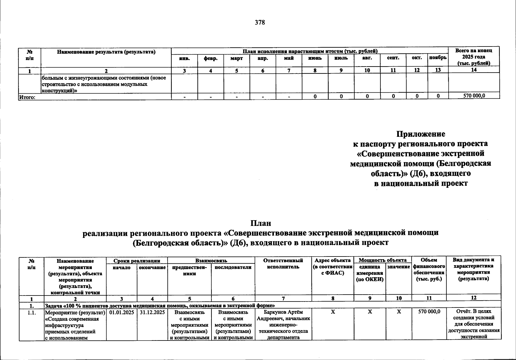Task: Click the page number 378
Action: tap(260, 22)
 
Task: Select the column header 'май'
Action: tap(289, 58)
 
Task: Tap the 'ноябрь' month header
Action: tap(438, 58)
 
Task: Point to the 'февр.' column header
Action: tap(211, 58)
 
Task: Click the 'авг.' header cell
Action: tap(367, 58)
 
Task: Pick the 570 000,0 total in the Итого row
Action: tap(474, 96)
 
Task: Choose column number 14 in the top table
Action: tap(474, 70)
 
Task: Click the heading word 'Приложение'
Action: tap(421, 134)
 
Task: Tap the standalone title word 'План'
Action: tap(261, 223)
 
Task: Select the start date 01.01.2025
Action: tap(122, 312)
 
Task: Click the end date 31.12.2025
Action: tap(152, 312)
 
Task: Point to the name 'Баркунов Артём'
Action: tap(283, 312)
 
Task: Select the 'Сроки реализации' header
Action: tap(137, 261)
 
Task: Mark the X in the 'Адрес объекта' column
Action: tap(333, 312)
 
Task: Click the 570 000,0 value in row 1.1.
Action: tap(429, 312)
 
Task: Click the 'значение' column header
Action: tap(399, 267)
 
